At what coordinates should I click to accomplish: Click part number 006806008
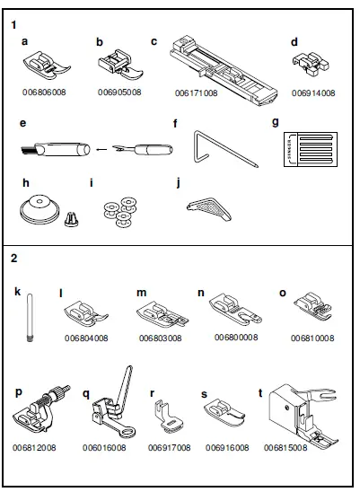tap(44, 92)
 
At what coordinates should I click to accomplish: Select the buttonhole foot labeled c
tap(224, 71)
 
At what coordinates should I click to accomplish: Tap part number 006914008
tap(313, 93)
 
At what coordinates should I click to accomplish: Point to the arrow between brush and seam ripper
tap(101, 149)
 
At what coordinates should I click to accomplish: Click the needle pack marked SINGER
tap(311, 149)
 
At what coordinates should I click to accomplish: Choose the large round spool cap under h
tap(40, 211)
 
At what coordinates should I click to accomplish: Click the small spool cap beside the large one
tap(72, 219)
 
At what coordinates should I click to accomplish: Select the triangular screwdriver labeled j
tap(209, 207)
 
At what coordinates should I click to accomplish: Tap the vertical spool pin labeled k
tap(30, 317)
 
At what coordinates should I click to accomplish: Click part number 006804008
tap(86, 338)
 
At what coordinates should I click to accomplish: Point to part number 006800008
tap(236, 338)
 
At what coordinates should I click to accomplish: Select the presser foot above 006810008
tap(313, 306)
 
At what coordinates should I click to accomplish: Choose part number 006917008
tap(169, 447)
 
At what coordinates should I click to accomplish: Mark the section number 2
tap(13, 259)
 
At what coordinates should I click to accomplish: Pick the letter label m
tap(142, 293)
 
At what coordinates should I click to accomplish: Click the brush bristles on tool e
tap(28, 150)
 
